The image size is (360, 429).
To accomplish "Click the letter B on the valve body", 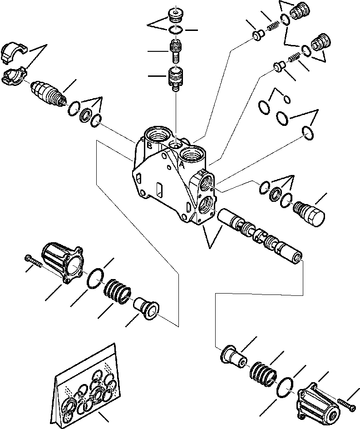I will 149,145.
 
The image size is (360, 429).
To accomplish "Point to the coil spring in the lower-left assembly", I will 118,291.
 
